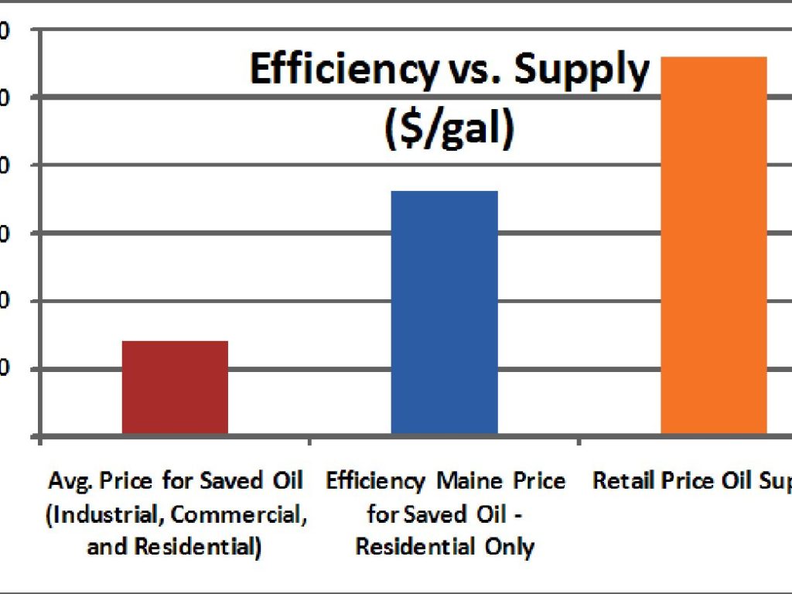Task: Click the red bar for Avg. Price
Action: [x=175, y=387]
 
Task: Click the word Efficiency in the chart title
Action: [x=343, y=70]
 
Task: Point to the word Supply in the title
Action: [x=582, y=70]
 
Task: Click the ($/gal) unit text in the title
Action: [x=449, y=128]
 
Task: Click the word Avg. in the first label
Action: [x=66, y=481]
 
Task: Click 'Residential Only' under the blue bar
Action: [x=445, y=548]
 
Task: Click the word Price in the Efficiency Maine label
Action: [x=539, y=481]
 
